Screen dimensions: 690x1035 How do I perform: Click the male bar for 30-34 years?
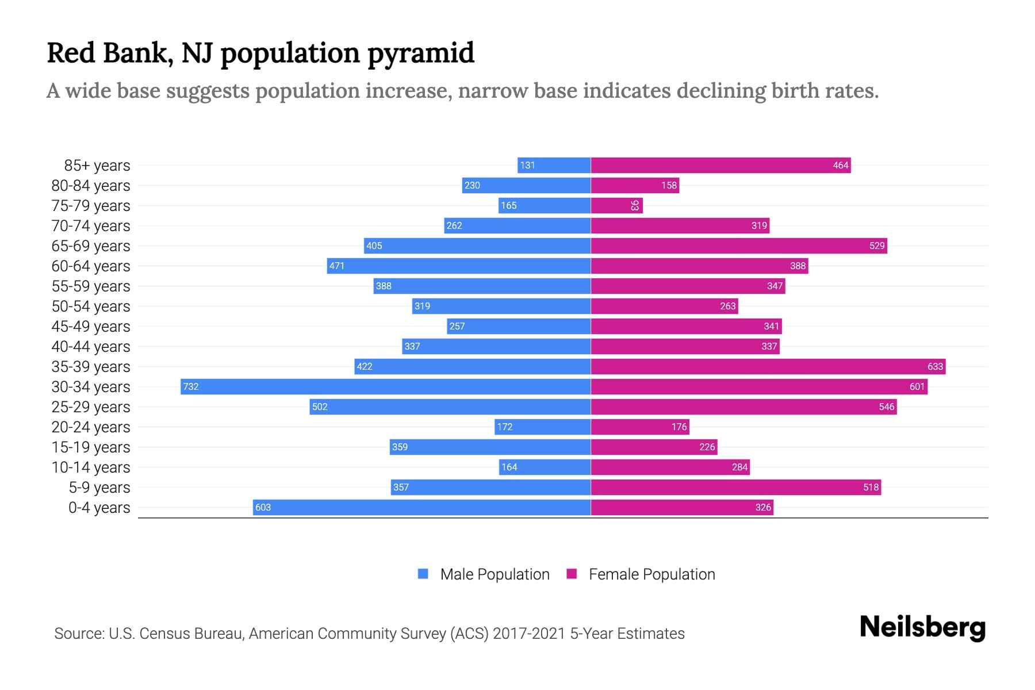click(385, 386)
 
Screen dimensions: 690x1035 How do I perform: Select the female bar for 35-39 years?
click(768, 366)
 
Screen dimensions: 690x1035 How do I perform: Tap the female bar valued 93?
click(616, 205)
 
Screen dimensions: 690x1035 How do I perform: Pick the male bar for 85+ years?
click(554, 165)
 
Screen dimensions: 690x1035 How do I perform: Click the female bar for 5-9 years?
click(735, 487)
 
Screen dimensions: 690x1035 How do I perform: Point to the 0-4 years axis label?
click(99, 508)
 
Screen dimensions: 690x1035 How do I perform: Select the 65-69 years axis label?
click(91, 246)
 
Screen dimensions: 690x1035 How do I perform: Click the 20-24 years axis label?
click(91, 427)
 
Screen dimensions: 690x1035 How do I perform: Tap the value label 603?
click(263, 507)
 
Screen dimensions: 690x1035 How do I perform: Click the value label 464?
click(840, 166)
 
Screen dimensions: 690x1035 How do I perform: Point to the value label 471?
click(336, 266)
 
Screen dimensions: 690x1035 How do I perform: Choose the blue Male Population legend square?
click(423, 574)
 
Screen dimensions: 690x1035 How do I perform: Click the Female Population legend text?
click(651, 574)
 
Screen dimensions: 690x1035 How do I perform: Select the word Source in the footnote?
click(79, 634)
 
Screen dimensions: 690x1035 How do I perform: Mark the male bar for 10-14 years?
click(545, 467)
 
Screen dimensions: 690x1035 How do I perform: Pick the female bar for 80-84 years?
click(635, 185)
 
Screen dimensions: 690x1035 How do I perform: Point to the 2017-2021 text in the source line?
click(528, 634)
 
